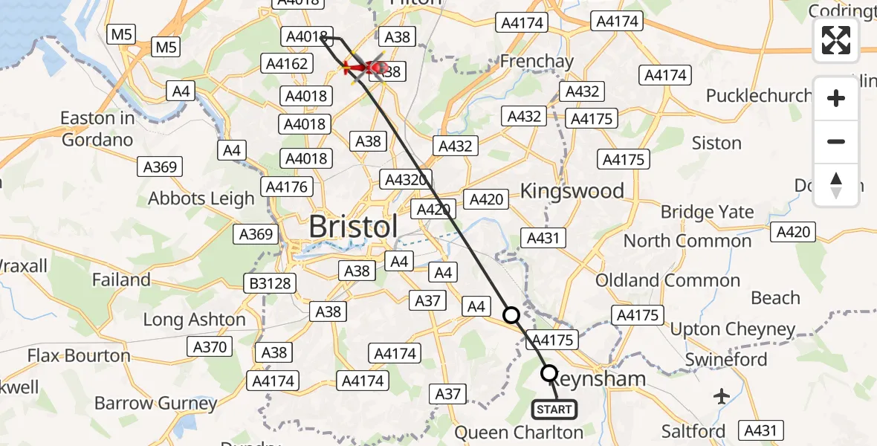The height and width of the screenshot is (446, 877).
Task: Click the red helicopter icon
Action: (x=364, y=68)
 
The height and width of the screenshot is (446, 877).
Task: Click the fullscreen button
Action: (x=836, y=40)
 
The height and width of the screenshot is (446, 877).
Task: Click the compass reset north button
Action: (x=836, y=184)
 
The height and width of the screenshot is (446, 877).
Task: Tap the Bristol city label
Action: (x=353, y=227)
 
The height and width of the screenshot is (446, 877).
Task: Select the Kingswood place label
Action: (x=572, y=191)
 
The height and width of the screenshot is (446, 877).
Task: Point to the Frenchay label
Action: (x=537, y=60)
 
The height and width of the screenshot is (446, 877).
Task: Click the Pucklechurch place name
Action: (x=759, y=95)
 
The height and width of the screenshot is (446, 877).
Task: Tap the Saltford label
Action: (x=694, y=431)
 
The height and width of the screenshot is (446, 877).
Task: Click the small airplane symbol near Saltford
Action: (x=722, y=396)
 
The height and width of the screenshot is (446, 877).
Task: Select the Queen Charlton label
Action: (x=519, y=432)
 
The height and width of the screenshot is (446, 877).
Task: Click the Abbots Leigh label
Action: (x=201, y=198)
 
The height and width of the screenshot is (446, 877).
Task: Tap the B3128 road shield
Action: (x=270, y=283)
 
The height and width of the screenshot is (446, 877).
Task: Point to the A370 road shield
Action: (x=210, y=346)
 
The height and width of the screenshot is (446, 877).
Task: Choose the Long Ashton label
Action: (x=194, y=320)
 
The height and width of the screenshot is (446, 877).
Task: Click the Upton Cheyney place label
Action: (x=733, y=329)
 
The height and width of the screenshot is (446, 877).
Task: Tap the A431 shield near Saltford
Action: (x=760, y=430)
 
